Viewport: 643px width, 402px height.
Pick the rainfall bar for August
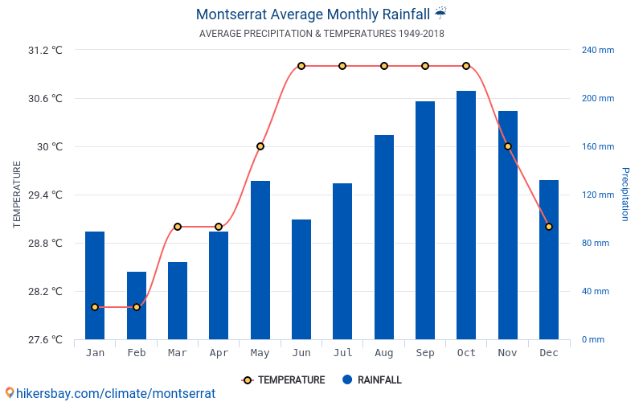coord(384,237)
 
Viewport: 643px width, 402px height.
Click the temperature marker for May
coord(260,146)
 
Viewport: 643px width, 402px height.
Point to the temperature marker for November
coord(508,146)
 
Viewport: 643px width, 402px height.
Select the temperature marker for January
coord(95,307)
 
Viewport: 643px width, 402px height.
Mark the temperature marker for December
coord(549,227)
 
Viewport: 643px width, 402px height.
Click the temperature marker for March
coord(178,227)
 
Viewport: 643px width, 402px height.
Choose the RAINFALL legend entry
coord(371,380)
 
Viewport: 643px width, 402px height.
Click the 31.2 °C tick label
coord(45,50)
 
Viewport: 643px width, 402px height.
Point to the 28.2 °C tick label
coord(45,291)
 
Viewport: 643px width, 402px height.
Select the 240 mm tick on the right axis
coord(597,50)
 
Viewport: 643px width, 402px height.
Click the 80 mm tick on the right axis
coord(596,243)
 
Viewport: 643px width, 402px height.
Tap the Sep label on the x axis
coord(425,353)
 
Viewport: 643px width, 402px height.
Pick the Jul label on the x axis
coord(342,353)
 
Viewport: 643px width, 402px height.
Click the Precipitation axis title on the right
coord(625,195)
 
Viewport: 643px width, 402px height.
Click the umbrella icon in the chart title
coord(440,14)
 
